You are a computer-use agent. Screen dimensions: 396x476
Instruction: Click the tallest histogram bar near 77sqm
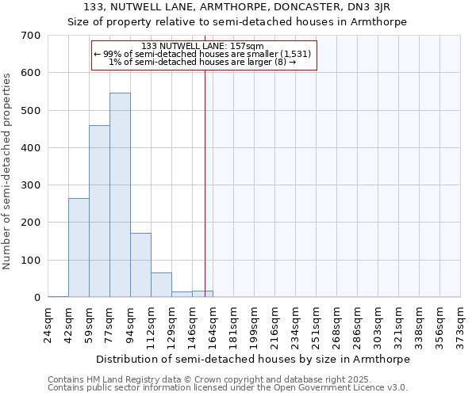coord(120,195)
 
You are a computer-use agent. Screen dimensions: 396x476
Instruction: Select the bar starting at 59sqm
coord(99,211)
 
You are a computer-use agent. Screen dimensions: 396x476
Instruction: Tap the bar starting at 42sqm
coord(79,248)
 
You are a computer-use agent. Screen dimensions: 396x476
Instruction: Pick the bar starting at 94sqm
coord(140,265)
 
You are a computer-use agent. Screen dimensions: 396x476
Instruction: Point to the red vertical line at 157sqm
coord(205,182)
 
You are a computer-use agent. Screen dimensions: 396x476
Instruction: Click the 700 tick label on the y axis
coord(31,36)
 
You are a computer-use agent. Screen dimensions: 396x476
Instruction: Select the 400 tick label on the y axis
coord(31,148)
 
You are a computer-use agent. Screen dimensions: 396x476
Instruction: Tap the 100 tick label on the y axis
coord(31,261)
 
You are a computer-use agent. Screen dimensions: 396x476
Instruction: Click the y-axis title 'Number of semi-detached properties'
coord(9,171)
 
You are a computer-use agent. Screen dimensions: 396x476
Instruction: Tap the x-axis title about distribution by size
coord(254,359)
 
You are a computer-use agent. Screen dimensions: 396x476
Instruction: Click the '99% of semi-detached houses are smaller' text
coord(203,54)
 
